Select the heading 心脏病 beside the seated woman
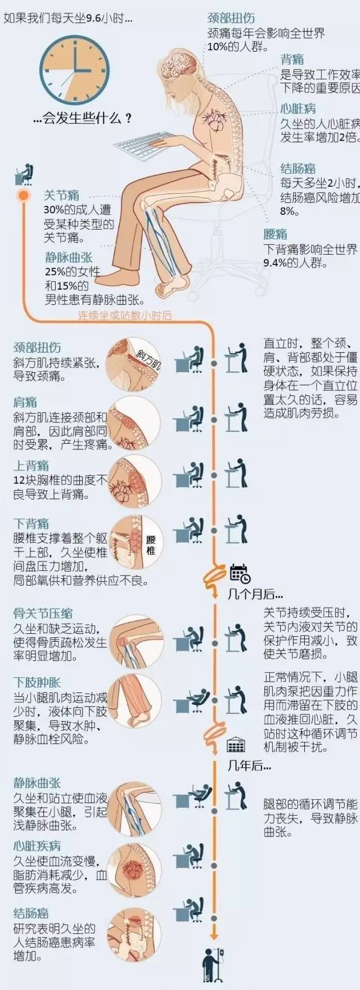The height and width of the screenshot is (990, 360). (x=298, y=109)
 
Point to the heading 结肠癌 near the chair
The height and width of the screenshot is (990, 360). (x=298, y=168)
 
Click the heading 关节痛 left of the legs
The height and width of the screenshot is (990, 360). (x=62, y=195)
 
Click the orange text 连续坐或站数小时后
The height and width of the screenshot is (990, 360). (x=125, y=316)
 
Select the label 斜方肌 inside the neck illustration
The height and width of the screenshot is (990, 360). (x=148, y=358)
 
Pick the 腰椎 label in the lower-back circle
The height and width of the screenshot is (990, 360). (x=151, y=544)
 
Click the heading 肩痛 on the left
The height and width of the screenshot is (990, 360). (x=25, y=402)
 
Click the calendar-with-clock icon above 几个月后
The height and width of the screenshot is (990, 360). (x=240, y=573)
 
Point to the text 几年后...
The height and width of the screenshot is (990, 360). (x=249, y=766)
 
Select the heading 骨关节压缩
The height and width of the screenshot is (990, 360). (x=43, y=614)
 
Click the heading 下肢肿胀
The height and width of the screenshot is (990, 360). (x=37, y=682)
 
